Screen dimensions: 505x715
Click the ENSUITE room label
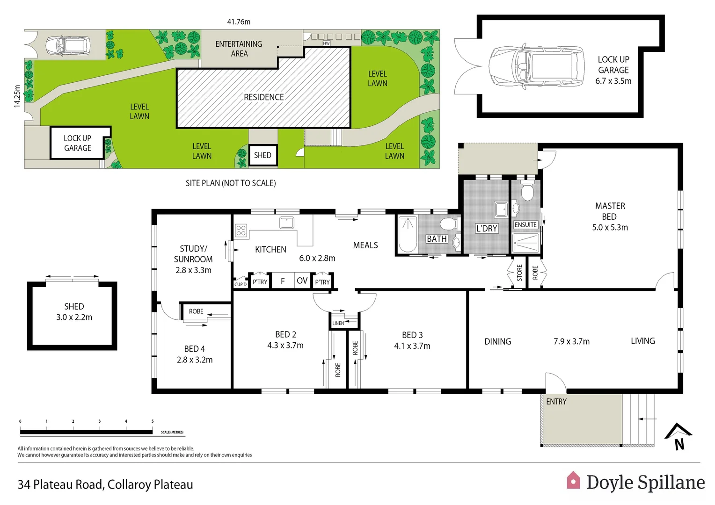pos(525,225)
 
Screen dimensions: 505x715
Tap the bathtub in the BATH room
pos(408,234)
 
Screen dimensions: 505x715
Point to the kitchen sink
pos(286,223)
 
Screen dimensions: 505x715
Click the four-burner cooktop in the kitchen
pos(241,230)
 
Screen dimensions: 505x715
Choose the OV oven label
pos(302,281)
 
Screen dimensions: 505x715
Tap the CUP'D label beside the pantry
pos(241,284)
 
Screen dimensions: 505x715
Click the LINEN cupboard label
pos(338,323)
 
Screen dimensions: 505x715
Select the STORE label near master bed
pos(519,273)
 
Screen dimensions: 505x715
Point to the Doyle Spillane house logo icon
pos(573,481)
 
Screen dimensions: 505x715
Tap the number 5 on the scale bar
pos(153,421)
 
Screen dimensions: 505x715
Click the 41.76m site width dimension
pos(239,22)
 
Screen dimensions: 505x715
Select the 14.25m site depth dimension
pos(17,96)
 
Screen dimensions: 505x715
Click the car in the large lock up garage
pos(536,66)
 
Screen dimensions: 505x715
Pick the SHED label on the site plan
pos(263,155)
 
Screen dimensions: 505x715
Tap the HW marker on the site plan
pos(326,43)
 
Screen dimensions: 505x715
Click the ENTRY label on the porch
pos(556,402)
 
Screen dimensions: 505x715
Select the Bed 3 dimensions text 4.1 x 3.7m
pos(412,346)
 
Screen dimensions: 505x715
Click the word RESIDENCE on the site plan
pos(263,97)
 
